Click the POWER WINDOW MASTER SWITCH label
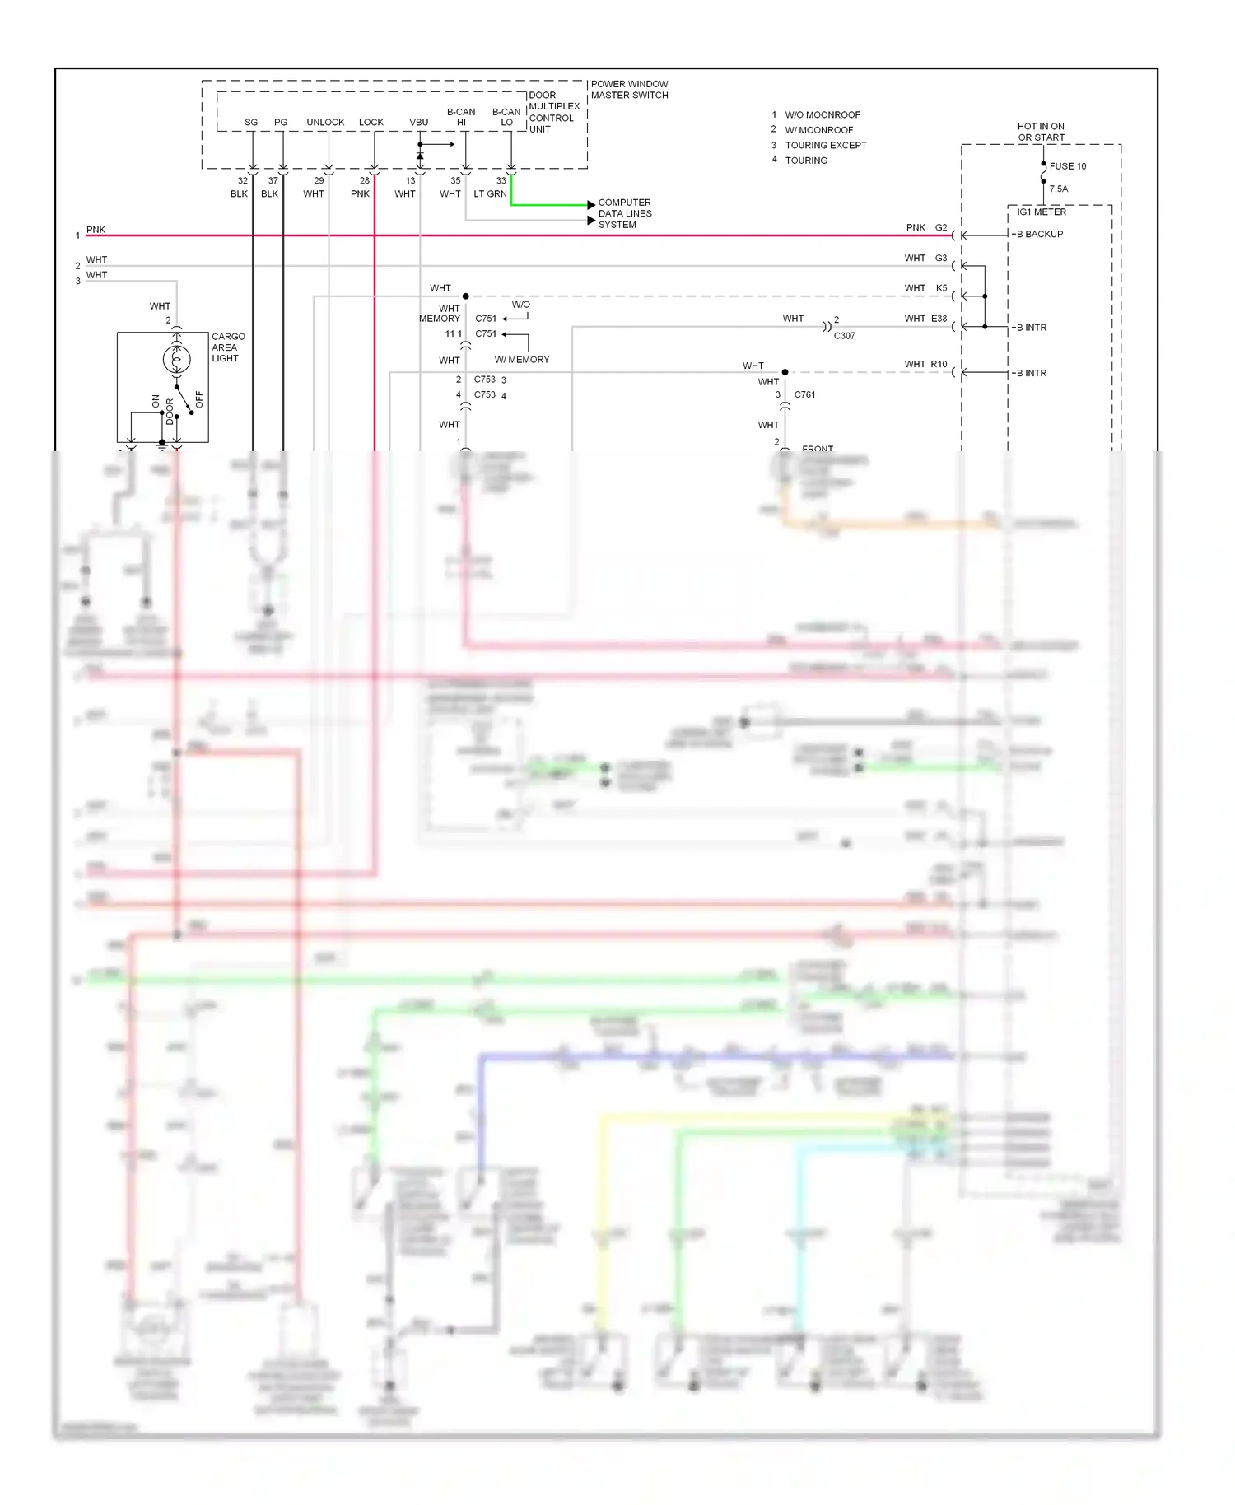pyautogui.click(x=629, y=90)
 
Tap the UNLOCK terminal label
pyautogui.click(x=325, y=123)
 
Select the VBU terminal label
pyautogui.click(x=418, y=123)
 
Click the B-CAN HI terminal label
pyautogui.click(x=461, y=117)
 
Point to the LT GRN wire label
pyautogui.click(x=490, y=194)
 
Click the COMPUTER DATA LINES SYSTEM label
pyautogui.click(x=624, y=213)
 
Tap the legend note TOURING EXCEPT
pyautogui.click(x=825, y=146)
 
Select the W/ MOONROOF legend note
pyautogui.click(x=818, y=130)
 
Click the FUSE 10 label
pyautogui.click(x=1067, y=166)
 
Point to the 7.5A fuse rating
pyautogui.click(x=1058, y=189)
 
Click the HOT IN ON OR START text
pyautogui.click(x=1041, y=132)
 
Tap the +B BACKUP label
pyautogui.click(x=1037, y=235)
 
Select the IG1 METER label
pyautogui.click(x=1041, y=212)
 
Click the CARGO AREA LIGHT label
pyautogui.click(x=228, y=347)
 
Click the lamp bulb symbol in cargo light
pyautogui.click(x=176, y=360)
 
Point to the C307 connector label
pyautogui.click(x=844, y=336)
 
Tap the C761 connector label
pyautogui.click(x=804, y=395)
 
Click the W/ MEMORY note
pyautogui.click(x=521, y=360)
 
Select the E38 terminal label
pyautogui.click(x=939, y=319)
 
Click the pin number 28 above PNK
pyautogui.click(x=365, y=181)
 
